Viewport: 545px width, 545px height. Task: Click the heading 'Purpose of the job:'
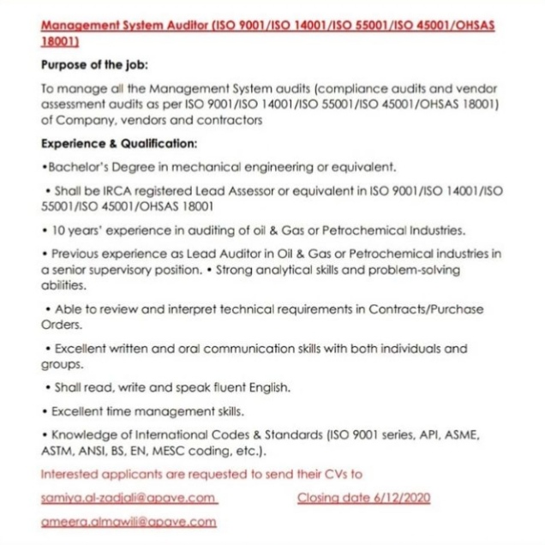pos(94,65)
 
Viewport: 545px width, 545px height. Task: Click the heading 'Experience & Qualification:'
pos(120,143)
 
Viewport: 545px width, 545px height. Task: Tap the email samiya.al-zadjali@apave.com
pos(129,498)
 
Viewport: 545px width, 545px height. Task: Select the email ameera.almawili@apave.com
pos(128,520)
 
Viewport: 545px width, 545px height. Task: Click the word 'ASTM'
pos(56,450)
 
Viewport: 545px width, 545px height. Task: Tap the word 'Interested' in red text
pos(69,473)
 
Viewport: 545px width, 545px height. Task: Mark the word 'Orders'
pos(61,326)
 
